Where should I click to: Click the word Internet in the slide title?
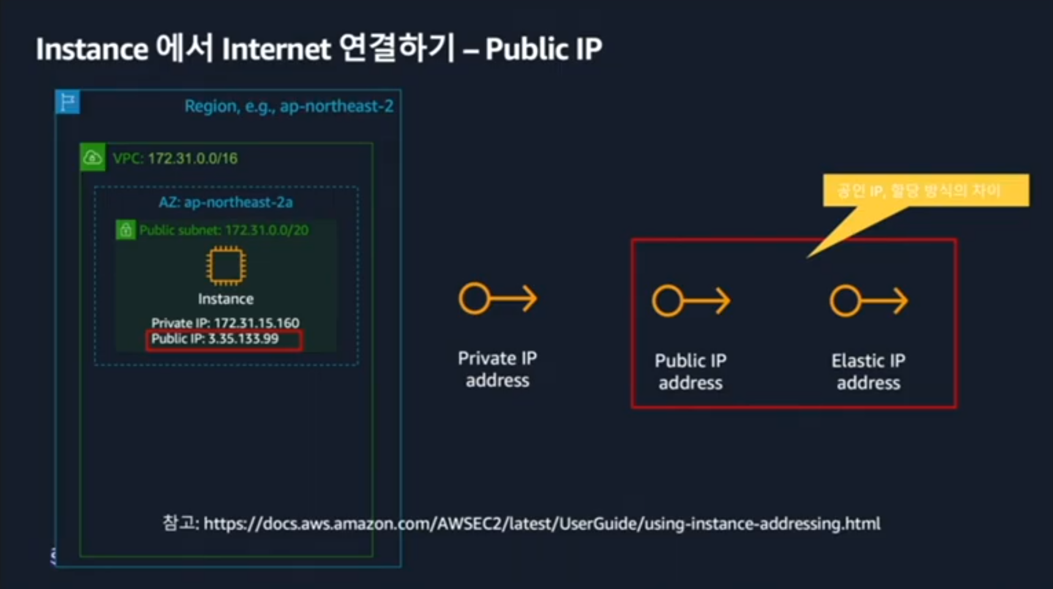pyautogui.click(x=276, y=49)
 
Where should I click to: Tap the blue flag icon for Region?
pyautogui.click(x=68, y=102)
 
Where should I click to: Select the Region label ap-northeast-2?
pyautogui.click(x=289, y=107)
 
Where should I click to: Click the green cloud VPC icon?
pyautogui.click(x=92, y=158)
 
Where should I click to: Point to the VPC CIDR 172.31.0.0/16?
pyautogui.click(x=192, y=159)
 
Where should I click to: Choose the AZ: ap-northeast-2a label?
pyautogui.click(x=225, y=202)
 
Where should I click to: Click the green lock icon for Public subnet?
pyautogui.click(x=126, y=230)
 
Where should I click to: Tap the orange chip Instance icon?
pyautogui.click(x=226, y=266)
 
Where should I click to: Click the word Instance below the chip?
pyautogui.click(x=225, y=299)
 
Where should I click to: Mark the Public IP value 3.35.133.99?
pyautogui.click(x=243, y=339)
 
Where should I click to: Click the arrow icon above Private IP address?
pyautogui.click(x=498, y=299)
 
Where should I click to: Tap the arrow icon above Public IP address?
pyautogui.click(x=691, y=301)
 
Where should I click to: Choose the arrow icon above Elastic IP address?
pyautogui.click(x=868, y=301)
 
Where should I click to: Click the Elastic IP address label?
pyautogui.click(x=868, y=372)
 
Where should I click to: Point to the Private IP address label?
pyautogui.click(x=497, y=369)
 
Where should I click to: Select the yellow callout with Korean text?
pyautogui.click(x=925, y=191)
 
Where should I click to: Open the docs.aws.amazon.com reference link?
pyautogui.click(x=541, y=524)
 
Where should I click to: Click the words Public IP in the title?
pyautogui.click(x=544, y=49)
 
